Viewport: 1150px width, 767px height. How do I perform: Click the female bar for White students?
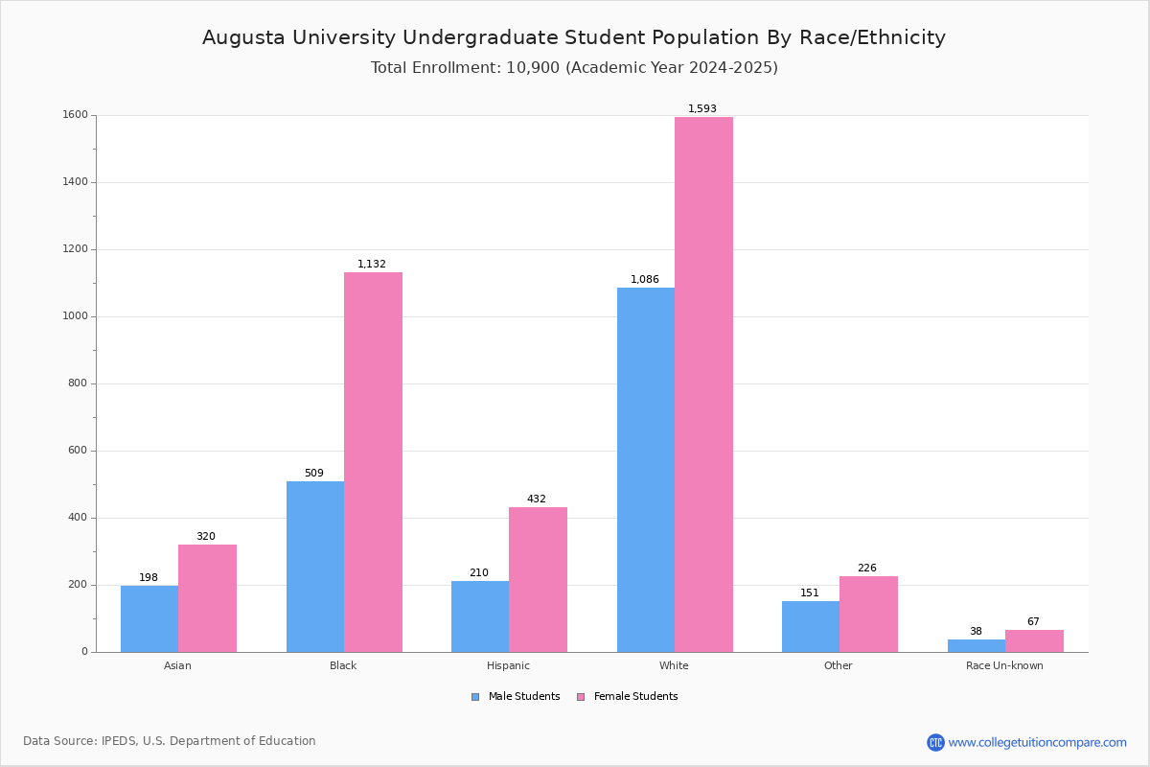point(703,384)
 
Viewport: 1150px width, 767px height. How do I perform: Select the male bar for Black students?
point(315,567)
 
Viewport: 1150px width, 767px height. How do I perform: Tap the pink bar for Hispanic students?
point(538,580)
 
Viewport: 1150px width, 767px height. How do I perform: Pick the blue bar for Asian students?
point(149,619)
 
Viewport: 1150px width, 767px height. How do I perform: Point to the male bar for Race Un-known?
point(977,646)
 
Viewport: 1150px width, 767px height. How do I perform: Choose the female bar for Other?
point(868,615)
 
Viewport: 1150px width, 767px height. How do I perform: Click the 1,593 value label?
point(702,108)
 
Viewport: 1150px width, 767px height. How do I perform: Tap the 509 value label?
point(314,473)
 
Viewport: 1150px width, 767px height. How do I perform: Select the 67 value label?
point(1033,621)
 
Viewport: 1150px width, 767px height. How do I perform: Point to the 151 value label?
point(810,593)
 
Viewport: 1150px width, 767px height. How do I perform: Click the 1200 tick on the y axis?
point(76,249)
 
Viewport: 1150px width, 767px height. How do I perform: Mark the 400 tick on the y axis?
point(78,518)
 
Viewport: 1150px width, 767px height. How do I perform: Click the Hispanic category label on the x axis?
point(508,665)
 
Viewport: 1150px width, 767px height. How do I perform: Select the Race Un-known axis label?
point(1004,665)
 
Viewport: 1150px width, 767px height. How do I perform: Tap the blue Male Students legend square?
point(475,697)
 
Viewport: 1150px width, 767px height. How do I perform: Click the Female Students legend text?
point(636,697)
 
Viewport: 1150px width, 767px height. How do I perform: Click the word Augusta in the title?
point(243,38)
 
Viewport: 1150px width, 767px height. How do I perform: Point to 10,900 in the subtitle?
point(533,68)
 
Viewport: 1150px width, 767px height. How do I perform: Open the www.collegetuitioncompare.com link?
point(1038,742)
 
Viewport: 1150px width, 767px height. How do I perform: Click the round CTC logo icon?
point(936,742)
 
